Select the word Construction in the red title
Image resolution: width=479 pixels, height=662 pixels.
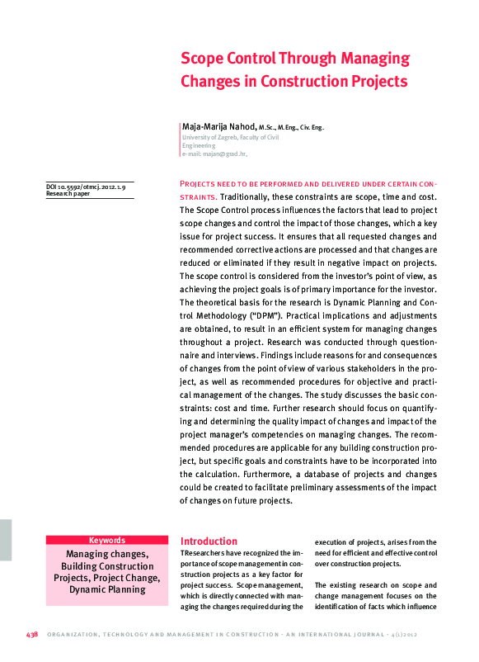(x=310, y=82)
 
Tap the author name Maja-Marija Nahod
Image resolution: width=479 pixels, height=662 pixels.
(x=218, y=127)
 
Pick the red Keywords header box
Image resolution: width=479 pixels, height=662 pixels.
(x=107, y=540)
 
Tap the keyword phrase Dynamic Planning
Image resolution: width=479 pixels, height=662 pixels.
(x=107, y=589)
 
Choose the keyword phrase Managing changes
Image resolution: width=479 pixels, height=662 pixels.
(x=107, y=553)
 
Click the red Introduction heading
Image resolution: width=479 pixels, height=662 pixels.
(x=209, y=541)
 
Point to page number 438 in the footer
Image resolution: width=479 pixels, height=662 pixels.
(x=32, y=635)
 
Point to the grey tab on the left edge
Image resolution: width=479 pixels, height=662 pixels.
(x=6, y=541)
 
